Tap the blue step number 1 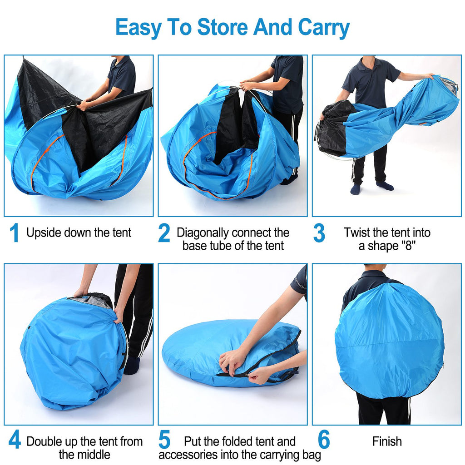tap(14, 233)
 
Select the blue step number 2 tap(164, 233)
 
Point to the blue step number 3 tap(319, 233)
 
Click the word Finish tap(387, 441)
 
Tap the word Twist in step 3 tap(358, 233)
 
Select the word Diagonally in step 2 tap(202, 233)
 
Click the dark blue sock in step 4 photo tap(131, 365)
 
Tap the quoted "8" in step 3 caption tap(408, 246)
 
